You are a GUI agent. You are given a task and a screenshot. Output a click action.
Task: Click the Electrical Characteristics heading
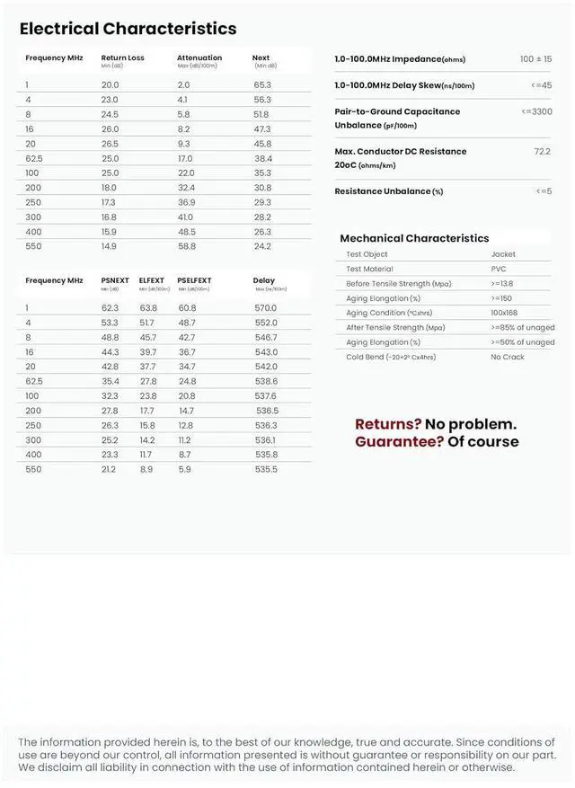click(x=128, y=29)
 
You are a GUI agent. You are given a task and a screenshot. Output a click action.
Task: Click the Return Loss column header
click(x=122, y=58)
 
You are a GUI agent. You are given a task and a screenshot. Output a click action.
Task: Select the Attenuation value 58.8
click(x=186, y=246)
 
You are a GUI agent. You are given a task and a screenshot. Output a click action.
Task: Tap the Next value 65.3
click(x=262, y=84)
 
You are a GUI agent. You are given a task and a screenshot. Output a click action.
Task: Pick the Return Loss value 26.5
click(x=110, y=144)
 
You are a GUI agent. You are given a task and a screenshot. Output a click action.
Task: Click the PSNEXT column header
click(x=115, y=280)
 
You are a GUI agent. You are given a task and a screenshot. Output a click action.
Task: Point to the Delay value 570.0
click(x=266, y=308)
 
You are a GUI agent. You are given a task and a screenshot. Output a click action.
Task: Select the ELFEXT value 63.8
click(x=148, y=308)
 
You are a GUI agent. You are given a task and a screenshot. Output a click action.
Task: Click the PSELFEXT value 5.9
click(x=184, y=469)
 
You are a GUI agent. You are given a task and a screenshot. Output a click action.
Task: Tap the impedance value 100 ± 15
click(x=535, y=59)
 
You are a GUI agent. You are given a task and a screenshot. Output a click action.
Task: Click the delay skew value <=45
click(x=542, y=85)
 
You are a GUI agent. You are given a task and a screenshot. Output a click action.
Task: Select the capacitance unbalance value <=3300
click(x=536, y=111)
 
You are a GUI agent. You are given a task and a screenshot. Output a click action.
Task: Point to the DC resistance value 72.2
click(x=542, y=151)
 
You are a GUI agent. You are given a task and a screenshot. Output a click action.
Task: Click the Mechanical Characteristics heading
click(x=414, y=238)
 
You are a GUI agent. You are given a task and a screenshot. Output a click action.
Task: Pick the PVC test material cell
click(x=499, y=269)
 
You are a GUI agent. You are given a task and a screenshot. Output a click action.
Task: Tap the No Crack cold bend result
click(x=508, y=357)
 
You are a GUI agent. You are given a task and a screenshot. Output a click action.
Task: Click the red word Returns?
click(x=388, y=424)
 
